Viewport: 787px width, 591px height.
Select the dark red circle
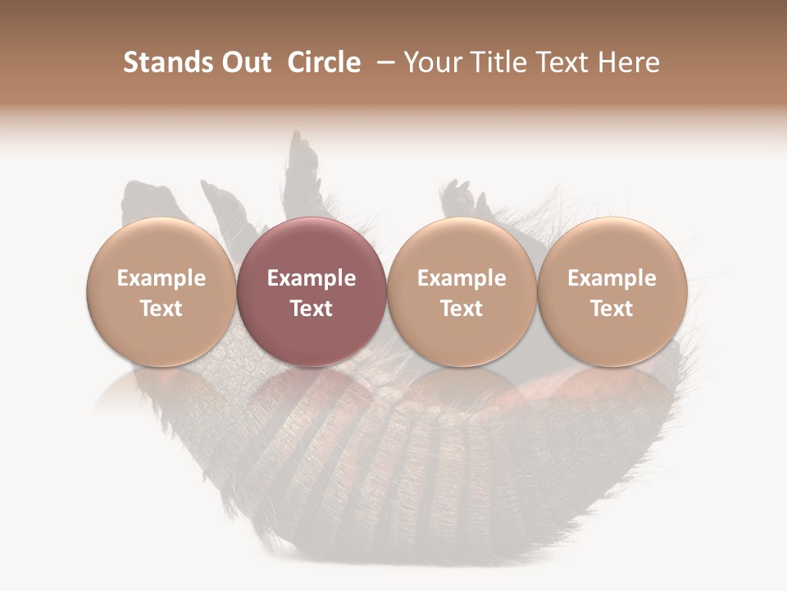coord(311,291)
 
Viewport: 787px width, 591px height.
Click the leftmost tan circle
coord(161,291)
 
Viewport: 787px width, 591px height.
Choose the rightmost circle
coord(612,291)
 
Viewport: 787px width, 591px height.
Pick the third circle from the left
coord(461,291)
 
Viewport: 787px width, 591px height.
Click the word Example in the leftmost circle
coord(161,278)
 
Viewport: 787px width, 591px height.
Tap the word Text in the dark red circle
coord(311,309)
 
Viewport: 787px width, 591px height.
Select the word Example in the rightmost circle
coord(612,278)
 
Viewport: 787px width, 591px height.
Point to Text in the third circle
coord(461,309)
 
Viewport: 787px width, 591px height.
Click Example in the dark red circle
coord(311,278)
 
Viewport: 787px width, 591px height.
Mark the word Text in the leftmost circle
coord(161,309)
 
